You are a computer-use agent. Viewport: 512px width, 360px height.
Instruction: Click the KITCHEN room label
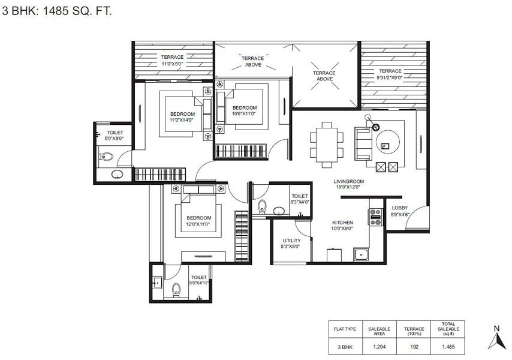click(342, 223)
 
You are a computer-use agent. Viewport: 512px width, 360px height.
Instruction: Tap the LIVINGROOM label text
click(349, 181)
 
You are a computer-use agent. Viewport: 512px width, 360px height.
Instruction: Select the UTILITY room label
click(291, 241)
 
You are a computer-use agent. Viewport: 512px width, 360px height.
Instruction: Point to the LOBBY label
click(400, 208)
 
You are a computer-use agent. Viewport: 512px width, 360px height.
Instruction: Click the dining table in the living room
click(327, 145)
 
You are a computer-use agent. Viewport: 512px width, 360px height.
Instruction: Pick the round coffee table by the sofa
click(387, 142)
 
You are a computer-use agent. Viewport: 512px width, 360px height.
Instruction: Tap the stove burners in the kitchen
click(375, 217)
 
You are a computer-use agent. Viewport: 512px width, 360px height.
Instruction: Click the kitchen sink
click(361, 254)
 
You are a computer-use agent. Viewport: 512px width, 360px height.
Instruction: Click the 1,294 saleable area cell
click(379, 347)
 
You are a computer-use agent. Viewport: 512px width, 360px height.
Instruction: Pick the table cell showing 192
click(414, 347)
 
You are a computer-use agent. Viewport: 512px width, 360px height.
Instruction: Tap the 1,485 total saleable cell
click(448, 347)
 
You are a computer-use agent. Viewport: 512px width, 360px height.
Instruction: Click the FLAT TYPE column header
click(345, 329)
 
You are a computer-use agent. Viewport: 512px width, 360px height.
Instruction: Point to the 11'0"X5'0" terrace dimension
click(173, 64)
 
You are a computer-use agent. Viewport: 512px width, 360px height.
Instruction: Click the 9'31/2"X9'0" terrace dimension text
click(390, 77)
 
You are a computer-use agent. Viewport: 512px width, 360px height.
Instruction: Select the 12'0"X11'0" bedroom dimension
click(198, 224)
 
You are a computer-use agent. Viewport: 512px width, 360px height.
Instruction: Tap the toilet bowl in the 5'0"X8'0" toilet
click(106, 157)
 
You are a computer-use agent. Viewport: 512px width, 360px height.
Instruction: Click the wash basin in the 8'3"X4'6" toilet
click(279, 211)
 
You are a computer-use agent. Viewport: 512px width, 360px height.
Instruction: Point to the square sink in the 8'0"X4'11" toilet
click(157, 282)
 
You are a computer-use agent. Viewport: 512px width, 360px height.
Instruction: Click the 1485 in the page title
click(56, 11)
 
